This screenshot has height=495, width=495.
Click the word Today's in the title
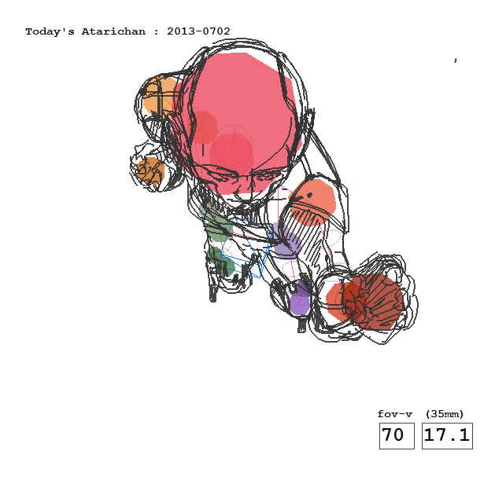coord(50,31)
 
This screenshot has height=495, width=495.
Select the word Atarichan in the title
coord(113,31)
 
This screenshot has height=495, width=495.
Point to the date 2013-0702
coord(198,31)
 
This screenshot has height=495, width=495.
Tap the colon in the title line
coord(156,32)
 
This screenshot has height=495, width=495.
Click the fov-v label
coord(395,414)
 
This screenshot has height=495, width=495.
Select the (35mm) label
coord(445,414)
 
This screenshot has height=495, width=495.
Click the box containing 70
coord(397,435)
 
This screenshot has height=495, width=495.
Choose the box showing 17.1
coord(447,435)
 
